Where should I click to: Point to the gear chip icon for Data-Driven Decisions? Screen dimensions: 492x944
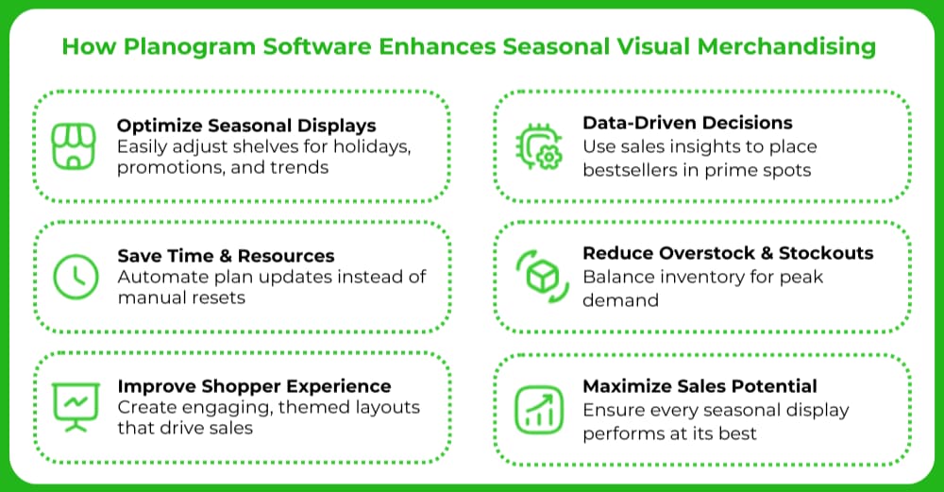[x=539, y=146]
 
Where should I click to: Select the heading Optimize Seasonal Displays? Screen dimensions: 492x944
[x=246, y=126]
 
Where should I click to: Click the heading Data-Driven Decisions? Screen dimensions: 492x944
[x=687, y=123]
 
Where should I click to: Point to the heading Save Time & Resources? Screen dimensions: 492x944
[x=226, y=256]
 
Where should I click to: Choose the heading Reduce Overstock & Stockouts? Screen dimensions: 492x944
[x=728, y=253]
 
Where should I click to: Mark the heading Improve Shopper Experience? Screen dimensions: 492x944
[x=254, y=386]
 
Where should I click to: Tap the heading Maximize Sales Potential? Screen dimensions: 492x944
[x=700, y=386]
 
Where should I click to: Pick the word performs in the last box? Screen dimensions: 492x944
[x=619, y=433]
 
